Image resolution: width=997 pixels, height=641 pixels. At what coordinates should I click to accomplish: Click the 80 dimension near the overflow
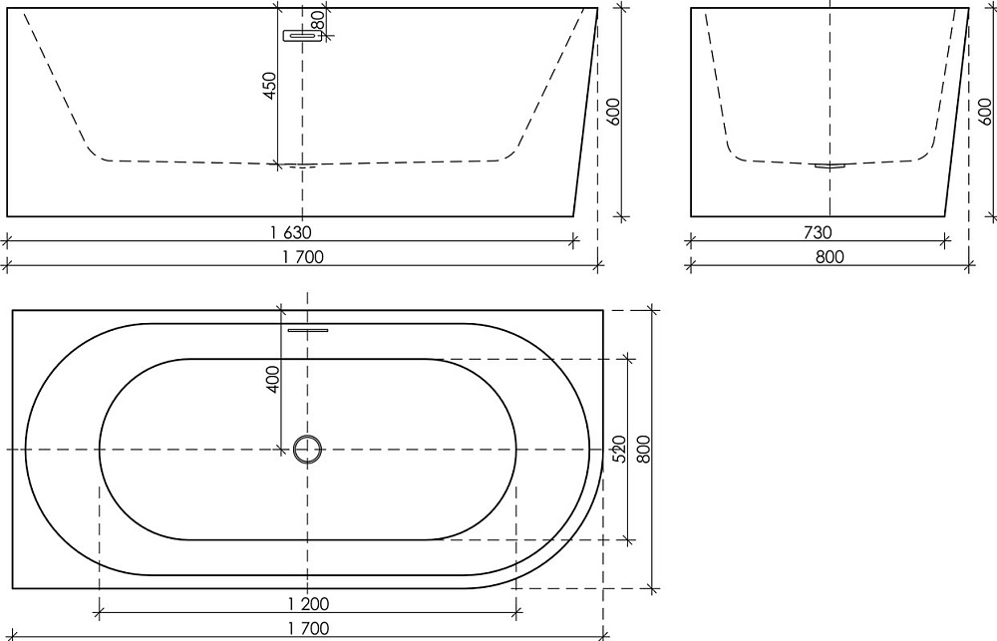pos(319,19)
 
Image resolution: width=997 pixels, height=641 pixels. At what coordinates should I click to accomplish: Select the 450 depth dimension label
pos(269,85)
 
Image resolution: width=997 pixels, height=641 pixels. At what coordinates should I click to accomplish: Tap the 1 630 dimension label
pos(290,232)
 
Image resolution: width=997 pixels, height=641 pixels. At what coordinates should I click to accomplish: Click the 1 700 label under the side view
pos(303,257)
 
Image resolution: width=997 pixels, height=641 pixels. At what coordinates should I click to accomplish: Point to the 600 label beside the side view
pos(613,112)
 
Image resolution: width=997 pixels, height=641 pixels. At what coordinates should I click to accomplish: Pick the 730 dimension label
pos(818,232)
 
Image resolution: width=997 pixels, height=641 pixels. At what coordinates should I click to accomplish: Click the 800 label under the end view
pos(830,257)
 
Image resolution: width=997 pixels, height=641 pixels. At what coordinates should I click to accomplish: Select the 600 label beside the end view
pos(985,112)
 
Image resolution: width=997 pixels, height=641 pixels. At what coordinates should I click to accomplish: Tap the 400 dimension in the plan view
pos(273,379)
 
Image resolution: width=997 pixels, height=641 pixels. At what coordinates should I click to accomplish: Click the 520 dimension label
pos(619,449)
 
